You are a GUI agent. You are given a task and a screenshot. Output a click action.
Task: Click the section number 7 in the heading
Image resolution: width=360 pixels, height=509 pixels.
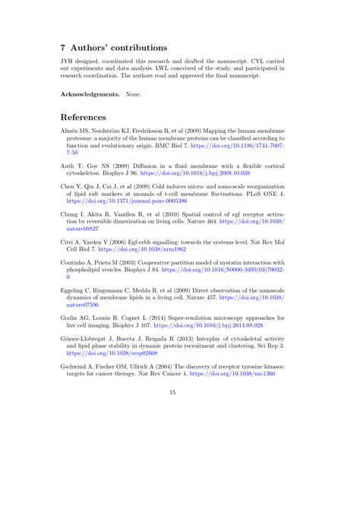[65, 47]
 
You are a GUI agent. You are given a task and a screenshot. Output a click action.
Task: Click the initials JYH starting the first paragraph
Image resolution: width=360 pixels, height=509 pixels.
[68, 62]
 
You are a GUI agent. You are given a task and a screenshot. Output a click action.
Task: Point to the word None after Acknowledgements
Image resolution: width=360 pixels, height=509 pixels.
[134, 94]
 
